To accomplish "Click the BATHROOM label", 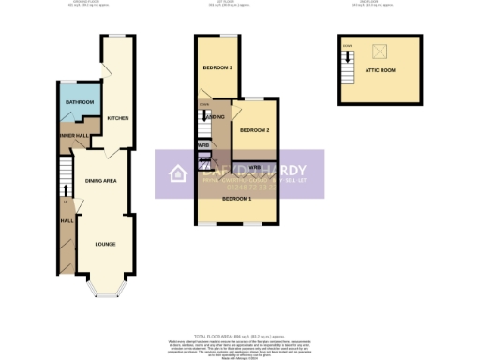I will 80,101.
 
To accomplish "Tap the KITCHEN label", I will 117,118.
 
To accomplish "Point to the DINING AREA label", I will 100,180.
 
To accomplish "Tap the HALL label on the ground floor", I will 67,220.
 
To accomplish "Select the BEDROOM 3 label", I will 217,68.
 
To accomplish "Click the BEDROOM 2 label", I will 253,129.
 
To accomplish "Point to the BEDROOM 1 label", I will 236,199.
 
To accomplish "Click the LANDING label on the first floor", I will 214,116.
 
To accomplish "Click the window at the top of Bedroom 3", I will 227,36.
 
